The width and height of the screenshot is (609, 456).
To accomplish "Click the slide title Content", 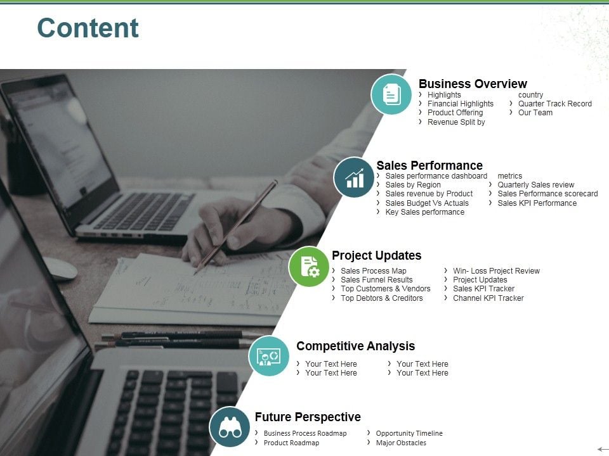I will [88, 28].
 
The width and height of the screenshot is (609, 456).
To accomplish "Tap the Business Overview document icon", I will [391, 94].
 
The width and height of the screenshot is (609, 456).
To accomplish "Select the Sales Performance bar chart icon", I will [354, 177].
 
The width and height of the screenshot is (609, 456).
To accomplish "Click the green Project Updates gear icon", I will [309, 267].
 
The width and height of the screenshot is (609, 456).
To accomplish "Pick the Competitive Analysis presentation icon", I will [269, 356].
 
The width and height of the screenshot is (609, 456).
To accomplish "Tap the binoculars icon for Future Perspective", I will [230, 427].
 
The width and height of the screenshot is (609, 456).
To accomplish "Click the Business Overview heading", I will [473, 84].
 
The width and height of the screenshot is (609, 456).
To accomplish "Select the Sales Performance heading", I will [429, 165].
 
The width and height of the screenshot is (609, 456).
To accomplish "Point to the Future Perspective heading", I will [308, 417].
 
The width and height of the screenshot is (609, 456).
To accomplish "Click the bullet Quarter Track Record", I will [554, 104].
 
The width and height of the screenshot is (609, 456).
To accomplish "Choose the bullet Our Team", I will [535, 113].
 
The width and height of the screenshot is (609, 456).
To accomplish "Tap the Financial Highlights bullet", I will [460, 104].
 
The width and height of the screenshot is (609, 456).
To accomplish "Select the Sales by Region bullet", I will [413, 185].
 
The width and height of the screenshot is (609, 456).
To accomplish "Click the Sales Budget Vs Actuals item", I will [427, 203].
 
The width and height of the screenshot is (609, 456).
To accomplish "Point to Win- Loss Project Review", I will [496, 271].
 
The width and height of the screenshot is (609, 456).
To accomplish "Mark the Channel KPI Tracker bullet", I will [488, 298].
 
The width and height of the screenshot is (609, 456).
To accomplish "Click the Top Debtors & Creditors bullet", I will [381, 298].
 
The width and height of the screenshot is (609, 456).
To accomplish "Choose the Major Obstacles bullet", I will [401, 443].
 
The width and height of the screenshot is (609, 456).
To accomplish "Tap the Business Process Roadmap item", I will [305, 433].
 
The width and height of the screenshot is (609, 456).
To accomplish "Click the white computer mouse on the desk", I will [59, 268].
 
